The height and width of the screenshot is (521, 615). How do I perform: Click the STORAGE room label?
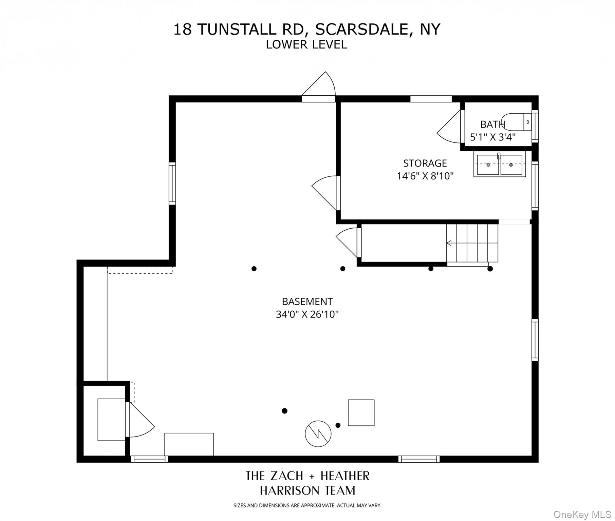425,163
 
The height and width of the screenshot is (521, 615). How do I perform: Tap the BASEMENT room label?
307,302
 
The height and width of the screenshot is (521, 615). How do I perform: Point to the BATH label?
492,124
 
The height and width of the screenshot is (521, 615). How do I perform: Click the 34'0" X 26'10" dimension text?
307,314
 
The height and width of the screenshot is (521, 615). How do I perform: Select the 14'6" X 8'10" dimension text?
425,176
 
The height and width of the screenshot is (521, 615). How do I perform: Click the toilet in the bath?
516,122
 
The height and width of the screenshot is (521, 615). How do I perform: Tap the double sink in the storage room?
499,165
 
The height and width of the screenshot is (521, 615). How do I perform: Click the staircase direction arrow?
449,243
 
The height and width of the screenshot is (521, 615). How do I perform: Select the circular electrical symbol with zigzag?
318,434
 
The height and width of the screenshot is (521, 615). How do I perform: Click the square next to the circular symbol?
361,413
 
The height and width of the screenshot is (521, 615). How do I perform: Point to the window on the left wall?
172,184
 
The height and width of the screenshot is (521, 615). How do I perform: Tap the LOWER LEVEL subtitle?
306,45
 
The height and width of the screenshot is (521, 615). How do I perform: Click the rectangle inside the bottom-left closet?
111,420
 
